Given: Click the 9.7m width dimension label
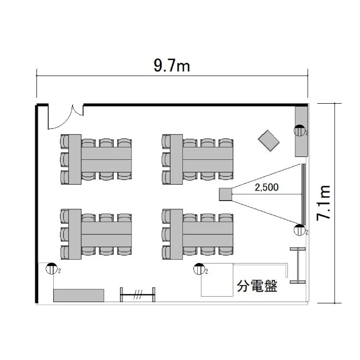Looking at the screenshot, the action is coord(172,66).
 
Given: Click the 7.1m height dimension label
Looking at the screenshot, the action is coord(324,203).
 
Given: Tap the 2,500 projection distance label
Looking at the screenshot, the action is coord(266,187).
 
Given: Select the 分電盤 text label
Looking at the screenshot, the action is coord(257,286).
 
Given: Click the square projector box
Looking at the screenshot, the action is coord(226,194).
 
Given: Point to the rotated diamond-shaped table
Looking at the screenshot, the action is coord(268,141).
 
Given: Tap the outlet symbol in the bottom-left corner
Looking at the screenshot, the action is coord(51,269).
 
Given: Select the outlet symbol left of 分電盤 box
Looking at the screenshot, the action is coord(199,269).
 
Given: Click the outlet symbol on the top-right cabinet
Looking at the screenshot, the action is coord(300,131).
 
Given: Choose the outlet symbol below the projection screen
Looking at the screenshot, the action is coord(300,230).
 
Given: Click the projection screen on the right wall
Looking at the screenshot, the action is coord(303,194).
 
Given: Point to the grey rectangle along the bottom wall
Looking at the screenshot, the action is coord(79,296).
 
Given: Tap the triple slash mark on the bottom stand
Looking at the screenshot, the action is coord(138,294).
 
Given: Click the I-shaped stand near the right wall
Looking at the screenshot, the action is coord(298,265).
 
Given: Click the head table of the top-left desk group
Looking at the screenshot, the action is coord(75,159).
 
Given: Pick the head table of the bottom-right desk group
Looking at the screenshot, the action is coord(176,234).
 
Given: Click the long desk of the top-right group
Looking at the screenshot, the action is coord(208,159).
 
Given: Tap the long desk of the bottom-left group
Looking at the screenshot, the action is coord(106,234).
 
